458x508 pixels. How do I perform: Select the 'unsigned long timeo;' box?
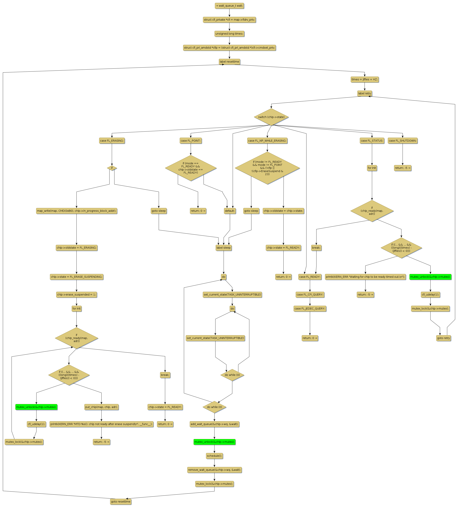coord(229,34)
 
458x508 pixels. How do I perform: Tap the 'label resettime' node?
coord(229,62)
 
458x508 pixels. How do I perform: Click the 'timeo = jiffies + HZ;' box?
coord(364,79)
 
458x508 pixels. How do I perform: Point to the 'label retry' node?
coord(364,93)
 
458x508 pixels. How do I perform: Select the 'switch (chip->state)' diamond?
coord(271,117)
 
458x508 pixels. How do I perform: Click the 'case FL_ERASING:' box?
coord(112,141)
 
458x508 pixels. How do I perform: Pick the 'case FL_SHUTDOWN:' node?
coord(402,141)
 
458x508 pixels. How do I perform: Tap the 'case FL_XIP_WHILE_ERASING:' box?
coord(267,141)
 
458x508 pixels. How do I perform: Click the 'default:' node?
coord(230,211)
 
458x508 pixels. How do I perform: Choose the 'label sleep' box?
coord(223,248)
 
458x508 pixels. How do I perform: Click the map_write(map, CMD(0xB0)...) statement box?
coord(76,211)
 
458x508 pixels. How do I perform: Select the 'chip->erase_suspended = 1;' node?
coord(76,295)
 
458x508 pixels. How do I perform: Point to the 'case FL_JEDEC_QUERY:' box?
coord(310,309)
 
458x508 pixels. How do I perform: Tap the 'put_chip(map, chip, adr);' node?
coord(101,407)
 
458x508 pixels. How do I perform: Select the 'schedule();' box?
coord(214,456)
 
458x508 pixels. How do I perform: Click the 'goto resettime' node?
coord(121,501)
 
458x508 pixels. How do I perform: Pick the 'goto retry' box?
coord(443,338)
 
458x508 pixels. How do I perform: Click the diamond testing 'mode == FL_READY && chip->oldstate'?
coord(191,168)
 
